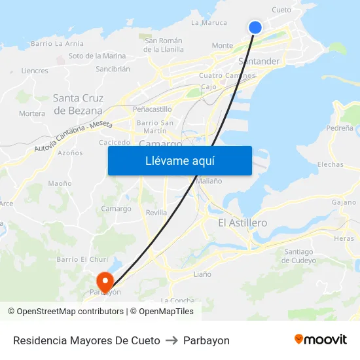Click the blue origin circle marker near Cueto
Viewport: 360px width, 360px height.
click(255, 27)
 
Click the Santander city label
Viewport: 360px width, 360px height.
click(259, 62)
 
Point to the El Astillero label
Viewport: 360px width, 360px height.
click(242, 223)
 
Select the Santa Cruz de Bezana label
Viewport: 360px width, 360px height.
click(78, 104)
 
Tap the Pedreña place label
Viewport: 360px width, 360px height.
click(340, 128)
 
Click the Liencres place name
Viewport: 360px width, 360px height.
click(35, 71)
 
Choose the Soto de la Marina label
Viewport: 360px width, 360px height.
click(97, 56)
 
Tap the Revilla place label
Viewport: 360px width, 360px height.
click(156, 213)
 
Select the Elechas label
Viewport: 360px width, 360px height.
click(331, 165)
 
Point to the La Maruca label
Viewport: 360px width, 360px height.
click(209, 22)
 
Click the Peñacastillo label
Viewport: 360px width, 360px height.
click(152, 109)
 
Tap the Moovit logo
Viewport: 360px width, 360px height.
click(321, 340)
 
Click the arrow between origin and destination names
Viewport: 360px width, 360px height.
click(171, 340)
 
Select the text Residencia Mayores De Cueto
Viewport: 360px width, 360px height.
click(86, 340)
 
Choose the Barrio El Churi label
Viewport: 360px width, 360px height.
click(82, 259)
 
